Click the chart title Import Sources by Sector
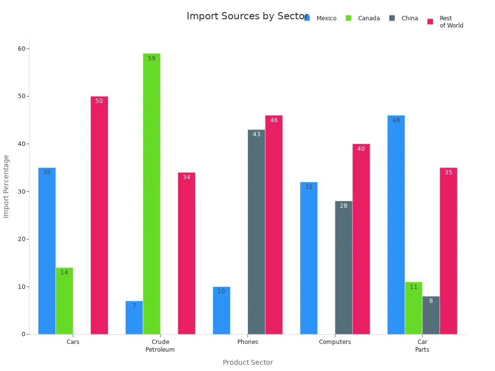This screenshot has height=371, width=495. [247, 16]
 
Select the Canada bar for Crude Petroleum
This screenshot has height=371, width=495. [151, 194]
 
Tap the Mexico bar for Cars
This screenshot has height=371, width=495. [47, 251]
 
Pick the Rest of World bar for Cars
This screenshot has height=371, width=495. [99, 215]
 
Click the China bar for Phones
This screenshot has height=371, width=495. [256, 232]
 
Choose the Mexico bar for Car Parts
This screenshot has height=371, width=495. [396, 225]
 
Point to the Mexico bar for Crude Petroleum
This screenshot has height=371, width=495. [134, 317]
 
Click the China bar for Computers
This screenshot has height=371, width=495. [344, 268]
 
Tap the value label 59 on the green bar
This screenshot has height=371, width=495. [152, 58]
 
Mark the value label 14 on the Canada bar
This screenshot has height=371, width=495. [64, 272]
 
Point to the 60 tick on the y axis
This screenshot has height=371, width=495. [22, 48]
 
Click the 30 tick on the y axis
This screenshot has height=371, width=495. [22, 191]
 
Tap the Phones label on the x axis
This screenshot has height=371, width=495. [247, 342]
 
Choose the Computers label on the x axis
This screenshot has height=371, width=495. [335, 342]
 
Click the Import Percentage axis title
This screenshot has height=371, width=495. [6, 186]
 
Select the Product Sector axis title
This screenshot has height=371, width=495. [247, 362]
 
